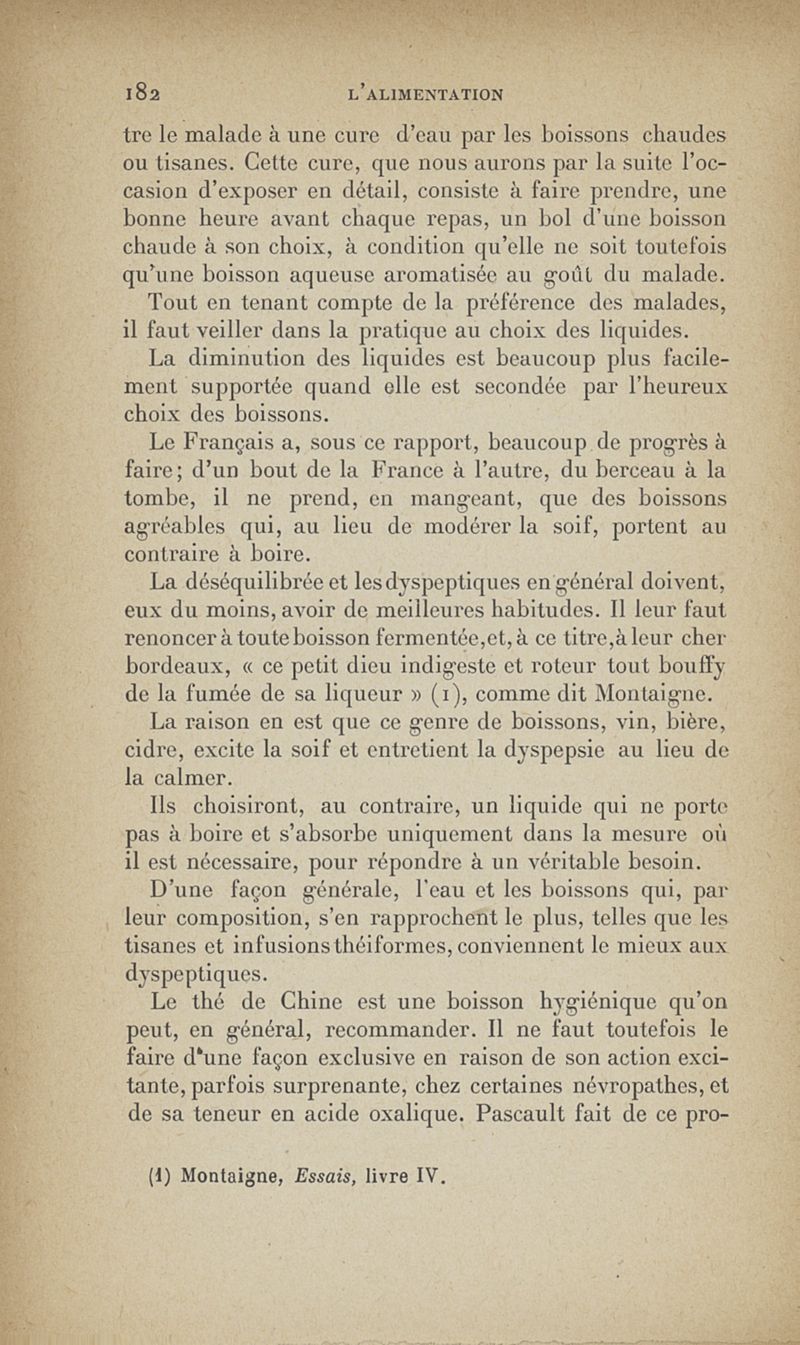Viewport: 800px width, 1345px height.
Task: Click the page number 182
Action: tap(140, 95)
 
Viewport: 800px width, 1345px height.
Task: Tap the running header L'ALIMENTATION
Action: tap(426, 95)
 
